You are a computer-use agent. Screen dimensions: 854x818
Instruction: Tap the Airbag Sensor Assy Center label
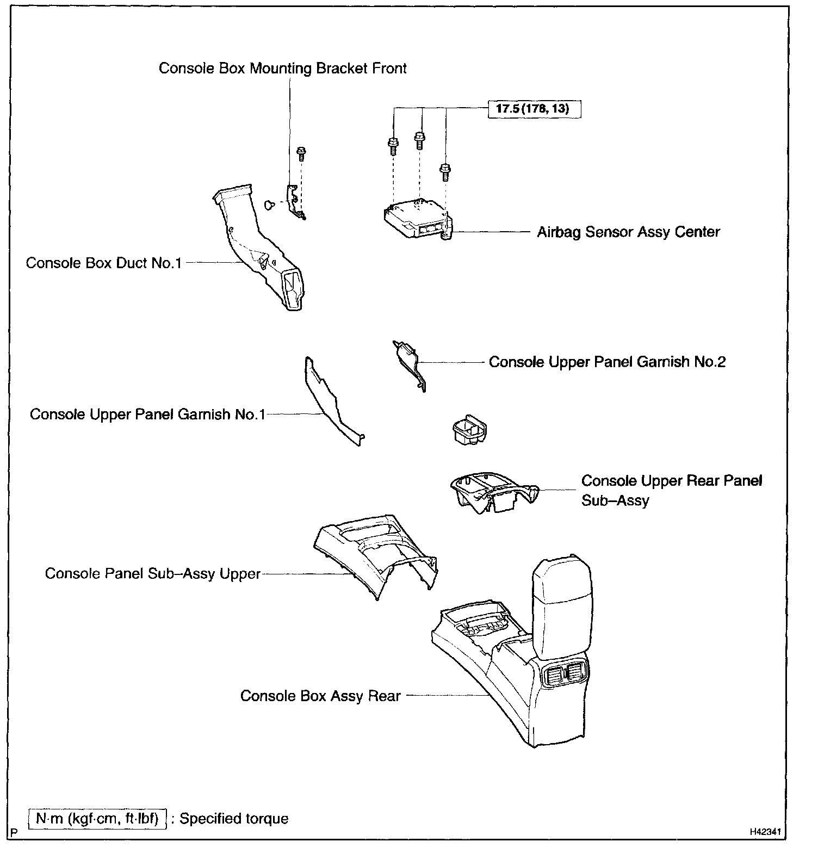pos(628,232)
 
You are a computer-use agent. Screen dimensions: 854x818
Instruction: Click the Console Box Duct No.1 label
pos(103,263)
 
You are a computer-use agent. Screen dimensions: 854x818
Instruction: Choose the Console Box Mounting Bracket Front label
pos(282,69)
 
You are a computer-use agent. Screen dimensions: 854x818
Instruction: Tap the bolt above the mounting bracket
pos(300,153)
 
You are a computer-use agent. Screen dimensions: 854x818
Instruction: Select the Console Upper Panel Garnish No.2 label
pos(607,362)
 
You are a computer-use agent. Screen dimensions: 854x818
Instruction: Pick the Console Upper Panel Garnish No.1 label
pos(147,414)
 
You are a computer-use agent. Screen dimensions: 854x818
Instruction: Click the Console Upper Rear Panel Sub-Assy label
pos(671,490)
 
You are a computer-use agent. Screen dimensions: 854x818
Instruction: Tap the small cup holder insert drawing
pos(469,431)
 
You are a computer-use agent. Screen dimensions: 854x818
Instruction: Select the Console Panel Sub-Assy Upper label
pos(153,574)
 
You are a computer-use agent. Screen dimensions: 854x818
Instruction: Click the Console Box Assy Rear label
pos(320,696)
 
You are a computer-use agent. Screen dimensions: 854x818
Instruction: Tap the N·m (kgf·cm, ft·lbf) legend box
pos(97,819)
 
